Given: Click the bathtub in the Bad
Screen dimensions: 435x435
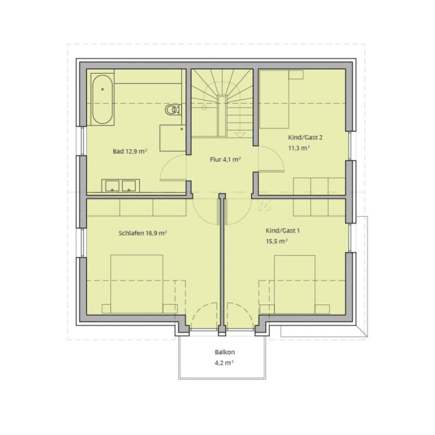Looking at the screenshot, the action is [x=102, y=99].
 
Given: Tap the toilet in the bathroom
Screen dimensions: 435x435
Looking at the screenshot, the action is [x=172, y=110].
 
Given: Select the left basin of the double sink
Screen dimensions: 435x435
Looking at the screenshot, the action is [x=112, y=186].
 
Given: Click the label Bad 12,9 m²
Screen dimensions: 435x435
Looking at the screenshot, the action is [x=130, y=151].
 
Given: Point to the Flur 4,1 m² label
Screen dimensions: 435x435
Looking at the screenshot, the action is [x=225, y=159].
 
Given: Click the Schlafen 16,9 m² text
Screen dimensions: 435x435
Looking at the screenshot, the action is [x=143, y=233].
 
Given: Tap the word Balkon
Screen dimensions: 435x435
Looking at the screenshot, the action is [x=225, y=352].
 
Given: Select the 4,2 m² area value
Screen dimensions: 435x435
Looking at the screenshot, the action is [x=224, y=362].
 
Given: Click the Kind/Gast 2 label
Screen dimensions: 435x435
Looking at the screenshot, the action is [x=305, y=137].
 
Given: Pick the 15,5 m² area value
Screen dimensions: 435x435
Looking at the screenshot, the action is [x=276, y=241].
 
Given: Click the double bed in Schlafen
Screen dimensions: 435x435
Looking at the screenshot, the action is [x=137, y=284].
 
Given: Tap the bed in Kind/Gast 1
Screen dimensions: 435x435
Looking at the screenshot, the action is [x=295, y=284].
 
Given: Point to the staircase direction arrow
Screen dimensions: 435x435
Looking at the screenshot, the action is [x=240, y=135].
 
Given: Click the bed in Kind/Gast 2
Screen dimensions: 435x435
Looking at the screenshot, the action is [x=274, y=99].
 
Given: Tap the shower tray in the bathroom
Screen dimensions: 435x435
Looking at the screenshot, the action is [x=173, y=138].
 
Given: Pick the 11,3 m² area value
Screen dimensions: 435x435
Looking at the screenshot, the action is [x=299, y=148].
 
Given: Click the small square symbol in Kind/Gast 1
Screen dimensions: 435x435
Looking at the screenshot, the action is [x=264, y=205].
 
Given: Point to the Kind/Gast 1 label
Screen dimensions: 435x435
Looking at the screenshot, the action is [x=283, y=231].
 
